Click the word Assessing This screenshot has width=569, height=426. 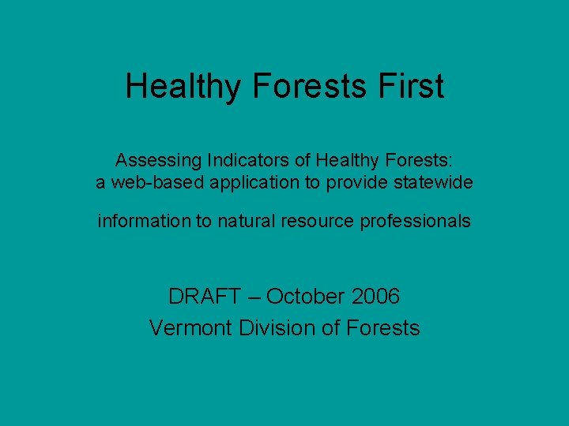(x=158, y=160)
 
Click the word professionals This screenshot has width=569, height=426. (x=415, y=222)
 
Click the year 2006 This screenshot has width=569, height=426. (x=376, y=297)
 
